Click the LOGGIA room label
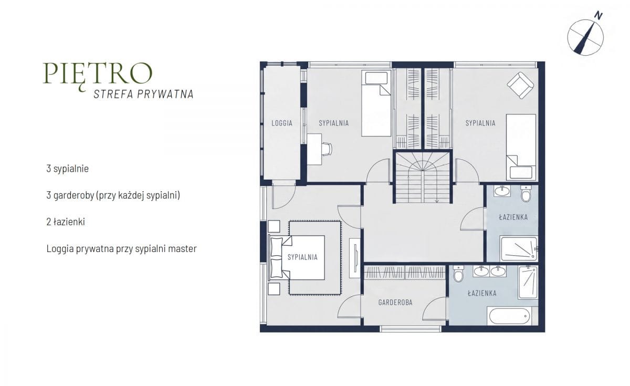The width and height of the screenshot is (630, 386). coord(282,123)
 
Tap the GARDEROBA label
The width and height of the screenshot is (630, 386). coord(395,302)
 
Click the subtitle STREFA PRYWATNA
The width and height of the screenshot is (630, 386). coord(143,94)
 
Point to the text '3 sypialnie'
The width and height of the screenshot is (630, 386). coord(68,169)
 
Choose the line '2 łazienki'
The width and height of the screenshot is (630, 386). coord(66,222)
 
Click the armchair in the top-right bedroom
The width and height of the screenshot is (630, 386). coord(521,85)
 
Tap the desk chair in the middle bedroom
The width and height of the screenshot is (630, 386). coord(327,149)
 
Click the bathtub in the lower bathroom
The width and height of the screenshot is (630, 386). coord(510,316)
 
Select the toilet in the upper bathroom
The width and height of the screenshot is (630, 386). coord(526,193)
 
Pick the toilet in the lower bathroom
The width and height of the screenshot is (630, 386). coord(458,274)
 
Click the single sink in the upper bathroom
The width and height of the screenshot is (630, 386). coord(502,191)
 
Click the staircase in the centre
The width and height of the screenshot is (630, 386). coord(423,178)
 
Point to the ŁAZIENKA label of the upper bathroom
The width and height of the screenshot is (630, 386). coord(513,217)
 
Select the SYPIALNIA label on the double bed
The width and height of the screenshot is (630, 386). coord(302,257)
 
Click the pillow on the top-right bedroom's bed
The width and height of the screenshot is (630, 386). coord(521,172)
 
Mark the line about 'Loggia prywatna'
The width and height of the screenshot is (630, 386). coord(121,249)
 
